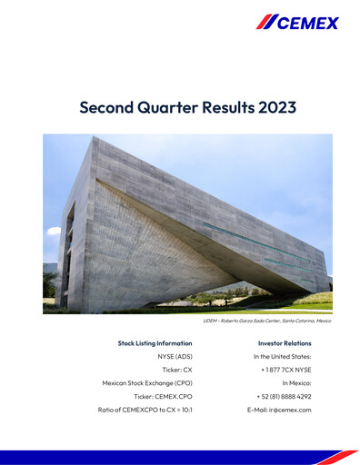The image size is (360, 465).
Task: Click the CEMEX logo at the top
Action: pyautogui.click(x=297, y=22)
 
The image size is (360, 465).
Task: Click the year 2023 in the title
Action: pyautogui.click(x=275, y=107)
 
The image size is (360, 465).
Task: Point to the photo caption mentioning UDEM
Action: pyautogui.click(x=266, y=321)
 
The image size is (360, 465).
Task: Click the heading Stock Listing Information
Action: pyautogui.click(x=155, y=343)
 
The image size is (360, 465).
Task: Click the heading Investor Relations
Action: pyautogui.click(x=285, y=343)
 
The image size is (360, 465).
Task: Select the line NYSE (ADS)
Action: pyautogui.click(x=176, y=357)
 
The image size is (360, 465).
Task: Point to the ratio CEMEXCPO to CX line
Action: pyautogui.click(x=145, y=410)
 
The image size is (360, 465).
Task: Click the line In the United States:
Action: pyautogui.click(x=282, y=357)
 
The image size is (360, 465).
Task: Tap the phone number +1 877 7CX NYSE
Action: pyautogui.click(x=285, y=370)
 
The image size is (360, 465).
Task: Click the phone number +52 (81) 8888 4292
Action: pyautogui.click(x=284, y=397)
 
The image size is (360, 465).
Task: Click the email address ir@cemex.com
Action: pyautogui.click(x=279, y=410)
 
